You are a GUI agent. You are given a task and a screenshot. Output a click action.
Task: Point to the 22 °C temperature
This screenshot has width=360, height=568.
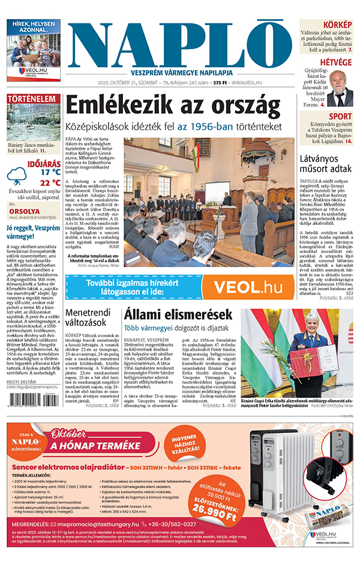point(50,182)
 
